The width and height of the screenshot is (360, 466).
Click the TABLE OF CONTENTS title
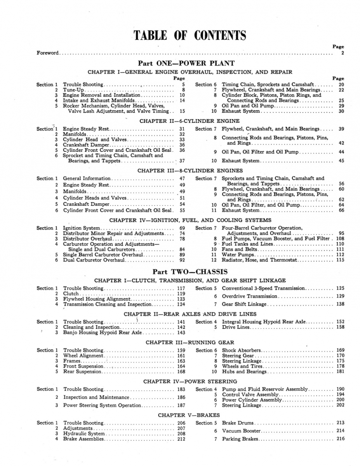click(x=190, y=35)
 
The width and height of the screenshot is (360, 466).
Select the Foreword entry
click(x=48, y=53)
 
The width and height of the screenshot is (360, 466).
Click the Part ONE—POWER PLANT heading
click(x=186, y=63)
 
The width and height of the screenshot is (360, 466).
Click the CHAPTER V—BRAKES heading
click(x=189, y=415)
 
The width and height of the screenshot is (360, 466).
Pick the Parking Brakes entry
click(x=240, y=439)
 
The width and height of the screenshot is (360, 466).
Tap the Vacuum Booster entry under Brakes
click(x=241, y=431)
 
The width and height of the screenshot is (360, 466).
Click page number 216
click(x=341, y=439)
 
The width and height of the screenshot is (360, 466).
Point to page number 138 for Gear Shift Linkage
click(x=341, y=304)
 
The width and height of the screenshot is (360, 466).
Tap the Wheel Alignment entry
click(x=83, y=356)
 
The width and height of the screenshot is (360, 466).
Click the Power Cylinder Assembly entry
click(x=252, y=400)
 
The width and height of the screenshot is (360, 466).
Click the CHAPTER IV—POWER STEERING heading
click(x=190, y=381)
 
